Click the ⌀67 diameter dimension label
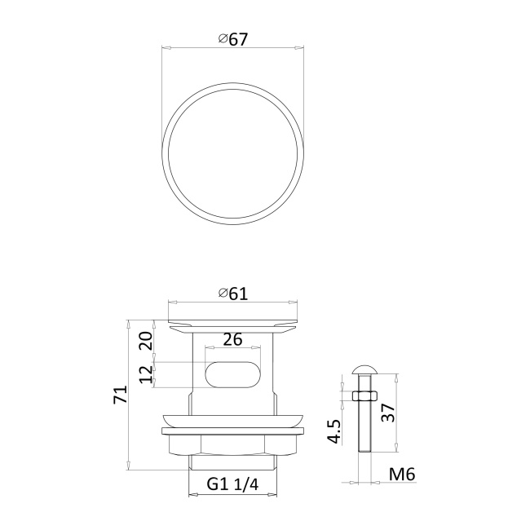pyautogui.click(x=233, y=40)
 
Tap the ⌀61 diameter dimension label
pyautogui.click(x=233, y=294)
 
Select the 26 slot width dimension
pyautogui.click(x=232, y=339)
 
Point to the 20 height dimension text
pyautogui.click(x=146, y=341)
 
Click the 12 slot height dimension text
pyautogui.click(x=146, y=374)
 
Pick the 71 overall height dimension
pyautogui.click(x=121, y=394)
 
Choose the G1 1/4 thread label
pyautogui.click(x=232, y=484)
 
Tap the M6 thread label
pyautogui.click(x=402, y=474)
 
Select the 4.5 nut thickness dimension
pyautogui.click(x=334, y=431)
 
